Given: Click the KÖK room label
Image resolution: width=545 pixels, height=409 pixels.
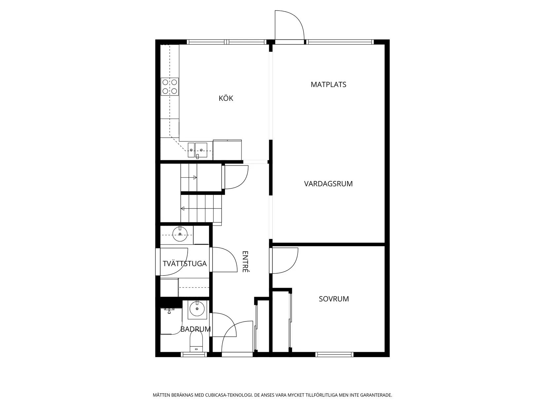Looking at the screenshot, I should (x=226, y=98).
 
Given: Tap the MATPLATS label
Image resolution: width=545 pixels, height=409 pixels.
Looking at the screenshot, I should (x=328, y=85).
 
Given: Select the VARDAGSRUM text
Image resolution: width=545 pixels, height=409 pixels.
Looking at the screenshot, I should (x=328, y=184).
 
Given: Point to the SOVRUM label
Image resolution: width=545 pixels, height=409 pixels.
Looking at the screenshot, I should (x=334, y=299).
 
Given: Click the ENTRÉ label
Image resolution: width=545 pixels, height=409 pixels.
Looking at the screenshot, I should (x=245, y=262).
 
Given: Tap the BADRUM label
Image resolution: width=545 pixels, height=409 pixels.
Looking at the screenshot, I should (x=196, y=329).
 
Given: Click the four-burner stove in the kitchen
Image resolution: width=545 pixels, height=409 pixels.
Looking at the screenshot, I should (x=170, y=87).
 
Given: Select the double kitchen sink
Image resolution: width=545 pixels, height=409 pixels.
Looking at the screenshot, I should (x=198, y=150).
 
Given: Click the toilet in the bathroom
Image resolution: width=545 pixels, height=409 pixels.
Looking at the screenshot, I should (x=196, y=341).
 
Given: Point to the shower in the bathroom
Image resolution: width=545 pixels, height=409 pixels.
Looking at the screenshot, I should (x=171, y=321).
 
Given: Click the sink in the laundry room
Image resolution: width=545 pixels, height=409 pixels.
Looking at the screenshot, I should (x=180, y=234).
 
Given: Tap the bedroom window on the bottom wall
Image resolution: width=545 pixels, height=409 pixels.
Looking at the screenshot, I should (x=334, y=354).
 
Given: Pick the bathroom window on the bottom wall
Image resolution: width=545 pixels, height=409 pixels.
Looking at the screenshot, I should (x=194, y=354).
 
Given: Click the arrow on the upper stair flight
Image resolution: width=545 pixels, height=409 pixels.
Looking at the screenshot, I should (x=195, y=178).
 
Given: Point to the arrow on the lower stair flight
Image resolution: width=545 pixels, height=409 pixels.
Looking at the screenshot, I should (x=182, y=208).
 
